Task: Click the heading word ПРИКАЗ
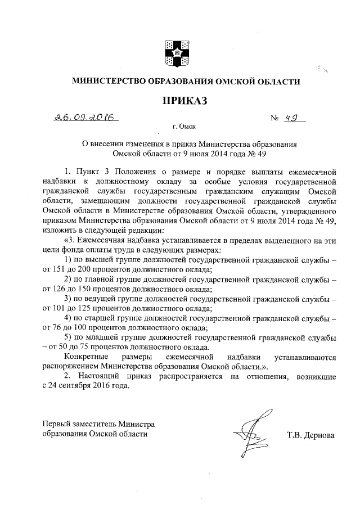point(186,101)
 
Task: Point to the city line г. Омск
point(184,128)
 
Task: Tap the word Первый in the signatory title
point(56,424)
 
